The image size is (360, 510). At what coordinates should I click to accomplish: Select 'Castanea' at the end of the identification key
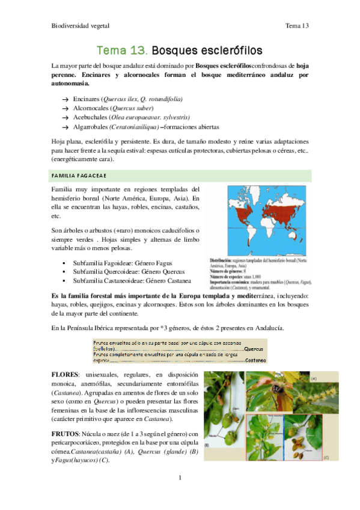(x=257, y=360)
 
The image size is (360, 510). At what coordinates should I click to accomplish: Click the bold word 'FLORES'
(x=66, y=375)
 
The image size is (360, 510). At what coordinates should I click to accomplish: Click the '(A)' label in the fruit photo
(x=313, y=377)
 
